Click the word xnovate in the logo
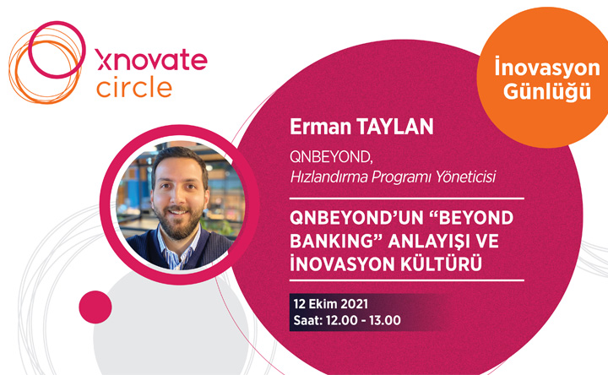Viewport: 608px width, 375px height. click(x=152, y=59)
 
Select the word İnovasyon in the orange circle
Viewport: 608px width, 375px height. click(x=547, y=68)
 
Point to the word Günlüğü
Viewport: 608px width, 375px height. click(x=547, y=91)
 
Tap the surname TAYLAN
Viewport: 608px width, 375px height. click(x=394, y=127)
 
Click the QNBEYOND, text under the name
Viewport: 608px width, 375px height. click(x=331, y=157)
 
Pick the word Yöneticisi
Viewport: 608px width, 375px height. click(x=465, y=177)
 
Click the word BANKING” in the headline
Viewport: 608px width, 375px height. click(x=336, y=241)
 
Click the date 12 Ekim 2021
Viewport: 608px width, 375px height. click(x=331, y=304)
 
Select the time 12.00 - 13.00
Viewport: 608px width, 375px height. click(x=363, y=320)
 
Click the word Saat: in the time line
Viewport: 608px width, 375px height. click(x=308, y=320)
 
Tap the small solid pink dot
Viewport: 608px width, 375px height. click(x=95, y=307)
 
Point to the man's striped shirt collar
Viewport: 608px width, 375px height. click(x=179, y=248)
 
